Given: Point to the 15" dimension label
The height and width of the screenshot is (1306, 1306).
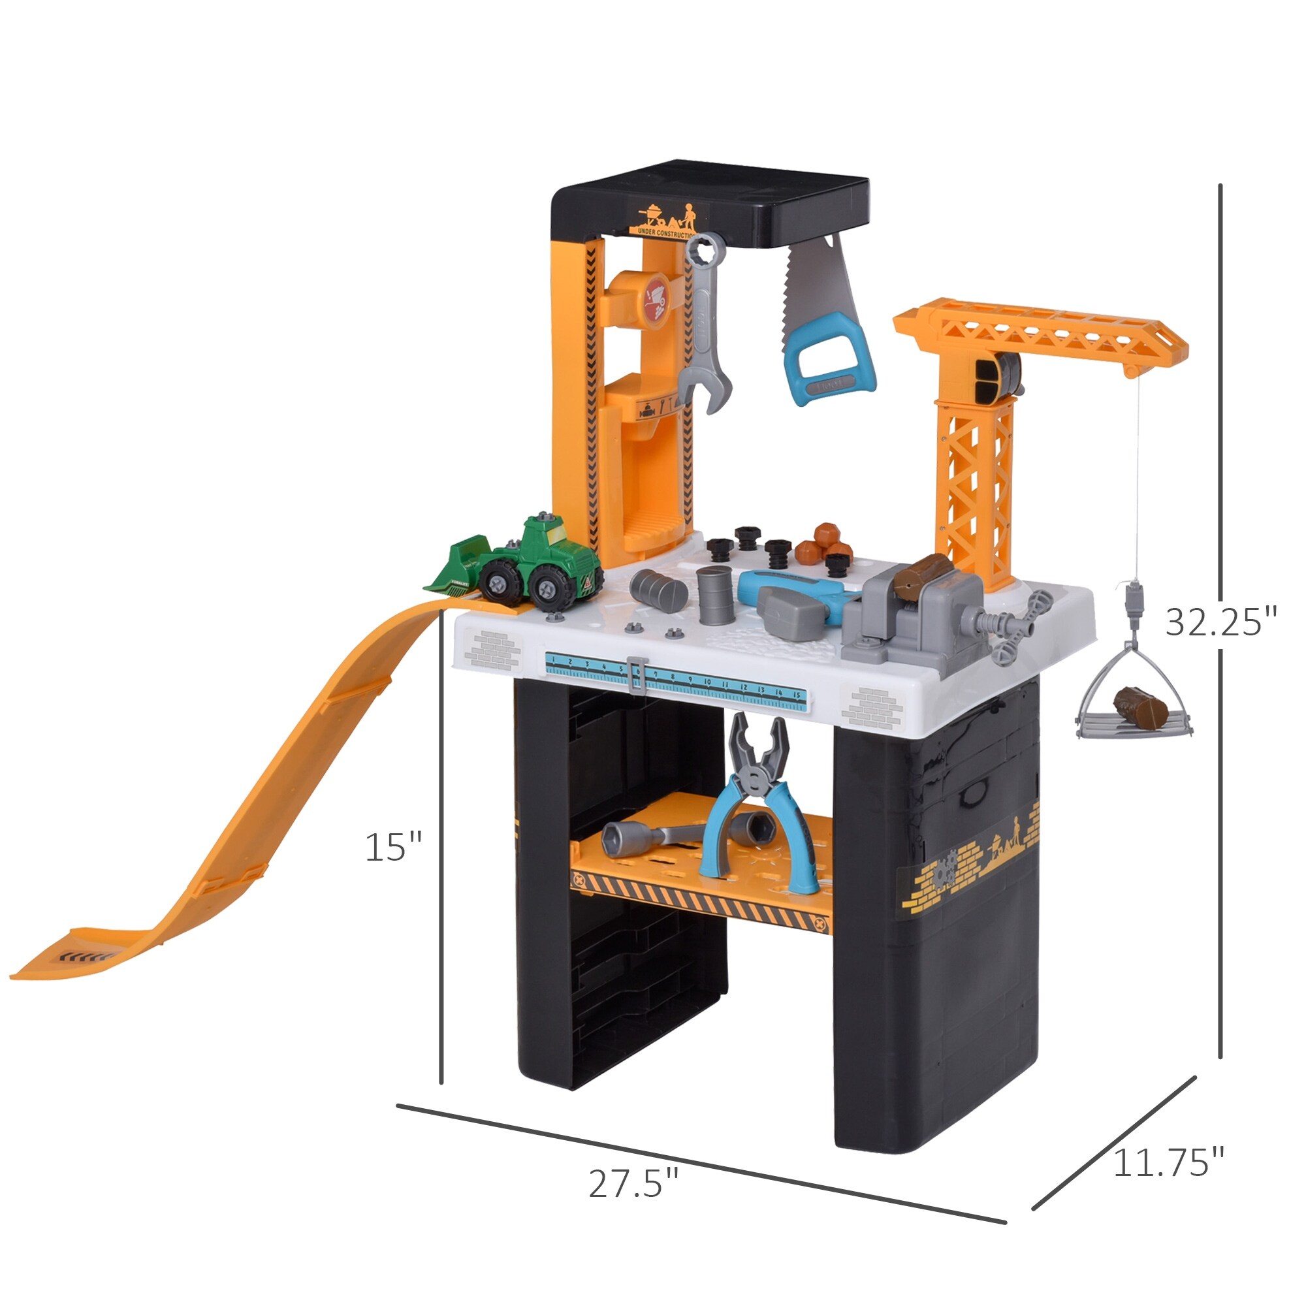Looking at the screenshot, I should [x=393, y=846].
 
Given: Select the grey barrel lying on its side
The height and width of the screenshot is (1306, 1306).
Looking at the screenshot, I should [x=658, y=590].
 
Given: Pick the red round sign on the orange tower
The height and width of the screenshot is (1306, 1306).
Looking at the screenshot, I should [x=656, y=301].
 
